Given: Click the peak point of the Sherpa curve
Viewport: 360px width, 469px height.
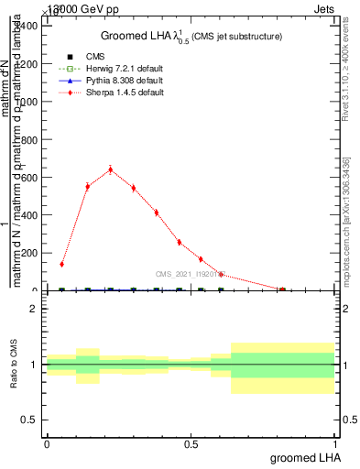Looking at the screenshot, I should pos(111,169).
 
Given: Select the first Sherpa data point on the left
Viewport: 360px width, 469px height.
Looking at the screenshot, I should pos(61,264).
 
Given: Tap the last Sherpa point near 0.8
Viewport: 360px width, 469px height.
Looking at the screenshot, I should pos(282,289).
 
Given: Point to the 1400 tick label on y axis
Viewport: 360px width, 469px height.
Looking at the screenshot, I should pos(24,26).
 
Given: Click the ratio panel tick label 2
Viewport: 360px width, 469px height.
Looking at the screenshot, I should pos(32,309).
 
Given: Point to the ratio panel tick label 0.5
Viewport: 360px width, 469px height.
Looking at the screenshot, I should pos(28,420).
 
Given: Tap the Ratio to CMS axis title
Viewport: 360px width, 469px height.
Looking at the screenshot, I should pos(14,365).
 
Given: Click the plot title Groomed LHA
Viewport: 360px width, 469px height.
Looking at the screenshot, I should pos(191,36).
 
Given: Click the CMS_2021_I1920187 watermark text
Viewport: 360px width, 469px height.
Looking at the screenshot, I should pos(187,273).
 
